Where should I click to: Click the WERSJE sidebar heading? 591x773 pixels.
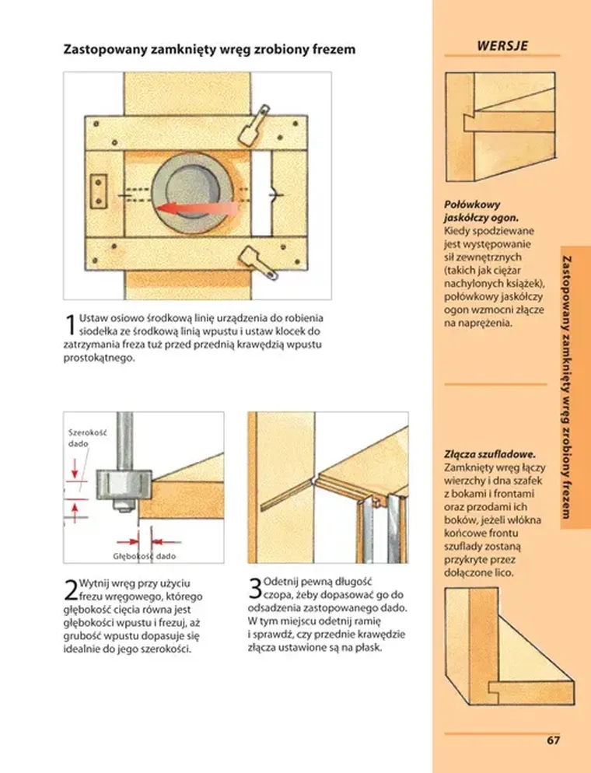pos(502,46)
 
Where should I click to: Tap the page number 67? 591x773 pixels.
pos(553,740)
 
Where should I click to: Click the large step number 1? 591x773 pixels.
pos(71,324)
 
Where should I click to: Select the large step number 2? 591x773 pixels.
pos(71,590)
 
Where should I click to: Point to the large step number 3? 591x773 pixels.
pos(255,589)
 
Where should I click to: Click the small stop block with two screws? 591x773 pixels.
pos(99,192)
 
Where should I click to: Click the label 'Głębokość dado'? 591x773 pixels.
pos(145,556)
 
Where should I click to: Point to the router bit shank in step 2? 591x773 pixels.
pos(124,440)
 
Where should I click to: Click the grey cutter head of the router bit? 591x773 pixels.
pos(123,485)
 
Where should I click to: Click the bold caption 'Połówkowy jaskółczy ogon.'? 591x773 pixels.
pos(481,211)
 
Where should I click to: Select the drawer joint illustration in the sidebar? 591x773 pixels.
pos(509,647)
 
